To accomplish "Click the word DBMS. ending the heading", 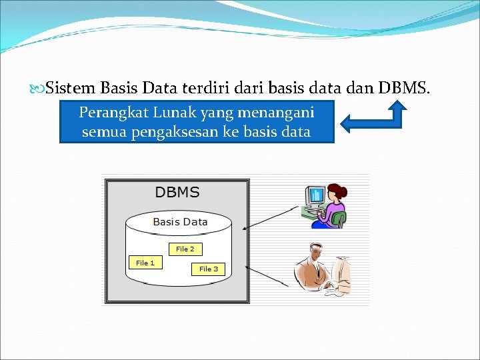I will [404, 87].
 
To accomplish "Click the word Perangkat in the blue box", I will [109, 112].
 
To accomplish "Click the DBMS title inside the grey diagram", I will [177, 193].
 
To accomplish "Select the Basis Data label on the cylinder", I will [180, 222].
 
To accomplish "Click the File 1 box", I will [145, 263].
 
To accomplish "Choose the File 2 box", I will [185, 249].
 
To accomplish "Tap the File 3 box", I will [209, 269].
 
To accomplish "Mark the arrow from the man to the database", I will [270, 276].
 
